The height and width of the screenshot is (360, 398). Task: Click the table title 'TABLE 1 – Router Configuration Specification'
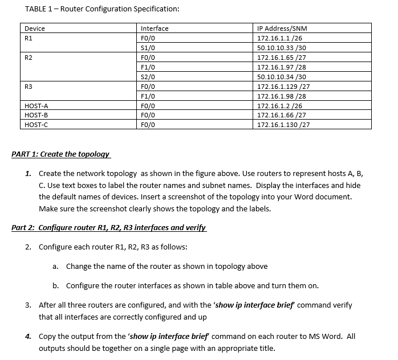pyautogui.click(x=103, y=9)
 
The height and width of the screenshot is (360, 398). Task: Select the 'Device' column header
pyautogui.click(x=35, y=28)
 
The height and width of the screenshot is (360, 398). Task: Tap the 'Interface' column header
pyautogui.click(x=155, y=28)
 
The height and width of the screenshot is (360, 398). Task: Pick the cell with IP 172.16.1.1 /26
pyautogui.click(x=279, y=38)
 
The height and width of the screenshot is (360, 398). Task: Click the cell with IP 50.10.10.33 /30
pyautogui.click(x=282, y=48)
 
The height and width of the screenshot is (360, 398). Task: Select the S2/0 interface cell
pyautogui.click(x=148, y=76)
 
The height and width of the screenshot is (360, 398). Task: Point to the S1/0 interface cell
pyautogui.click(x=148, y=48)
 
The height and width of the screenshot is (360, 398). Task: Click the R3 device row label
pyautogui.click(x=29, y=86)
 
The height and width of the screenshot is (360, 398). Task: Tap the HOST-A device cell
pyautogui.click(x=36, y=105)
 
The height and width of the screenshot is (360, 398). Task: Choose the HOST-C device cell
pyautogui.click(x=36, y=125)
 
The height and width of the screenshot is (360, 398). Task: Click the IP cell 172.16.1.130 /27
pyautogui.click(x=283, y=125)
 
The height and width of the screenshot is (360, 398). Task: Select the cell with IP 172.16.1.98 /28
pyautogui.click(x=282, y=96)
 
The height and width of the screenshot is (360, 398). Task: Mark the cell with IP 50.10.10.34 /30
pyautogui.click(x=282, y=76)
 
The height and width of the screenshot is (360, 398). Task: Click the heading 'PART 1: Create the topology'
pyautogui.click(x=60, y=154)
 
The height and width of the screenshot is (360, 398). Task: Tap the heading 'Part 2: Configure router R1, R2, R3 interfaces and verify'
pyautogui.click(x=108, y=228)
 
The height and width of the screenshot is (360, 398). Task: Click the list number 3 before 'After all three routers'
pyautogui.click(x=28, y=305)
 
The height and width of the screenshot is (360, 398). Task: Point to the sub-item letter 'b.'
pyautogui.click(x=56, y=285)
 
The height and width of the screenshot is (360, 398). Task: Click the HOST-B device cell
pyautogui.click(x=36, y=115)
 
